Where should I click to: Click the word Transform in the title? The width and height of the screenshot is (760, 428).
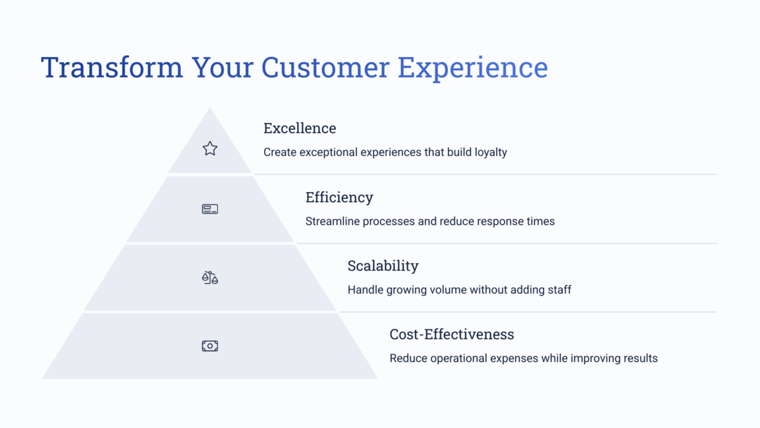click(x=112, y=67)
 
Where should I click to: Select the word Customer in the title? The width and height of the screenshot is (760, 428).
click(x=325, y=67)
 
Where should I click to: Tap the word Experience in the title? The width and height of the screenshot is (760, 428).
click(x=472, y=69)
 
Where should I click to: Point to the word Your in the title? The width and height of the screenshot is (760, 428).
click(x=222, y=67)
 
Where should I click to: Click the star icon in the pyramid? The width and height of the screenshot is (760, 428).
click(x=210, y=148)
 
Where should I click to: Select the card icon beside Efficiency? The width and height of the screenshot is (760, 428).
click(x=210, y=209)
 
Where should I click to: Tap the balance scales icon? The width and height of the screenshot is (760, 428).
click(x=210, y=278)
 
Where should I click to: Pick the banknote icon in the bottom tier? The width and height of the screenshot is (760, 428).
click(x=210, y=346)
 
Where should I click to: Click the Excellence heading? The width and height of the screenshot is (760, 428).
click(x=300, y=128)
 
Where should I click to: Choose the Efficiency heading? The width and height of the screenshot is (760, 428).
click(x=339, y=198)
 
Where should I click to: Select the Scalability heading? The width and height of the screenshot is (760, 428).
click(x=383, y=266)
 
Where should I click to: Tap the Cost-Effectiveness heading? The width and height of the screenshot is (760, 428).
click(x=452, y=334)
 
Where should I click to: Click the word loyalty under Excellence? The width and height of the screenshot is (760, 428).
click(x=491, y=153)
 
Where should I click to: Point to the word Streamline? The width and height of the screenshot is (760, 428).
click(x=332, y=221)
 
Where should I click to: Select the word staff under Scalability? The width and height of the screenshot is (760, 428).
click(x=559, y=290)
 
